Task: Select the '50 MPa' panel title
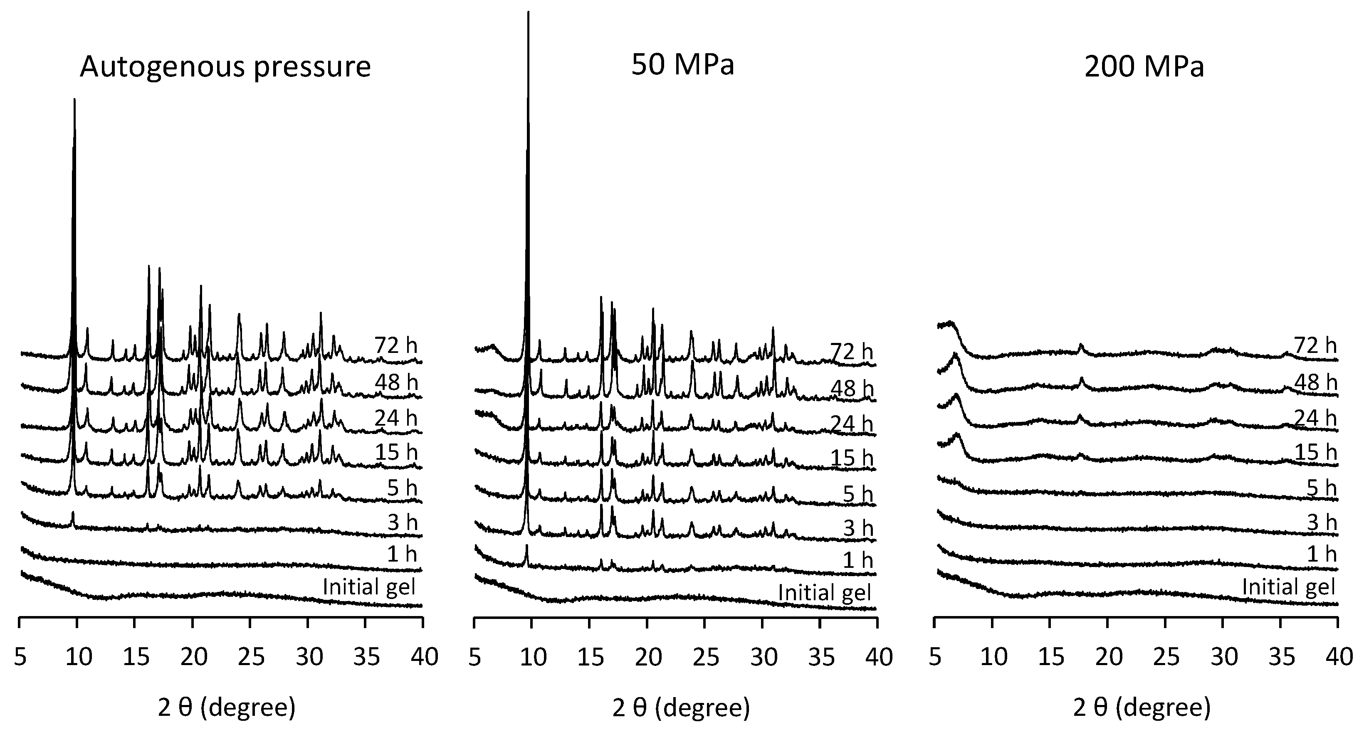click(682, 65)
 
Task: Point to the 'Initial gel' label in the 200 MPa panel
click(1288, 587)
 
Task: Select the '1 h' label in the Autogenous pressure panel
click(401, 554)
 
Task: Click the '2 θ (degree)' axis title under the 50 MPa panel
click(681, 707)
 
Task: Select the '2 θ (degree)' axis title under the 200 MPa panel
click(1142, 707)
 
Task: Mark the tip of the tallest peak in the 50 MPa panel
click(528, 13)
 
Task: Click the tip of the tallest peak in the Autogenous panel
click(74, 99)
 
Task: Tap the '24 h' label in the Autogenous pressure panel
click(396, 418)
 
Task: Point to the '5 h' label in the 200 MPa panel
click(1321, 488)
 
